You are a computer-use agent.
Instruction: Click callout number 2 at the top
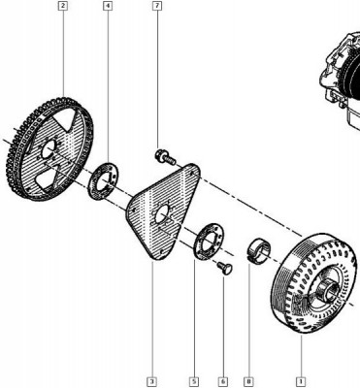(x=63, y=6)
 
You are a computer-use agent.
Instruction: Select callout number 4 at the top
(x=108, y=6)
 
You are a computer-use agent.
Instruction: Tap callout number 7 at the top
(x=157, y=6)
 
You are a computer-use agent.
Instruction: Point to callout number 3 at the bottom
(x=151, y=381)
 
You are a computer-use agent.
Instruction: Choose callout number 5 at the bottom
(x=194, y=381)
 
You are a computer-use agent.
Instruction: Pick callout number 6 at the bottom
(x=223, y=381)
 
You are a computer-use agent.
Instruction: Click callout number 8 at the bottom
(x=249, y=381)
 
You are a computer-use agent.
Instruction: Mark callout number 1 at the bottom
(x=301, y=381)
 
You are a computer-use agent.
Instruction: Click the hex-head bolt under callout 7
(x=165, y=157)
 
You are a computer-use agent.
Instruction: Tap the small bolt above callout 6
(x=225, y=269)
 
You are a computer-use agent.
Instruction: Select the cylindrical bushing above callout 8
(x=259, y=251)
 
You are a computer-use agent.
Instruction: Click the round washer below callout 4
(x=103, y=181)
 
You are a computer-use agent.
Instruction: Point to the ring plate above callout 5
(x=209, y=241)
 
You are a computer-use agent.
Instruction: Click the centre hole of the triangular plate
(x=161, y=214)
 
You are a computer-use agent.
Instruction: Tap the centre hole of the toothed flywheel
(x=49, y=150)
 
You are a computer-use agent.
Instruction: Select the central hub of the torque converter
(x=326, y=289)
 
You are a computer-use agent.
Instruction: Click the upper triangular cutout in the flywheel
(x=66, y=118)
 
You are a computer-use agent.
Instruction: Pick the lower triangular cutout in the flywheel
(x=48, y=178)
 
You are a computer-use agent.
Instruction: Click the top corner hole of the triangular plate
(x=193, y=173)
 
